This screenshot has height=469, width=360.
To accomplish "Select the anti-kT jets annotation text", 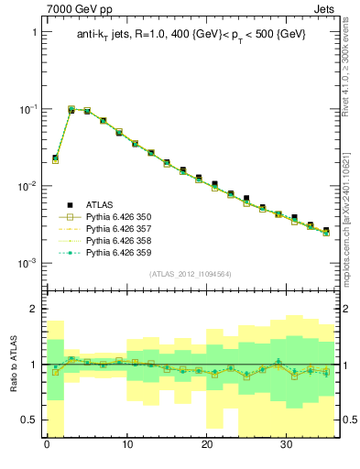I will coord(191,34).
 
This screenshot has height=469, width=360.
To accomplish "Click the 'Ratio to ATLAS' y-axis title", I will coord(12,364).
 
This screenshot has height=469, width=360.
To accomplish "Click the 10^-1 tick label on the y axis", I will coord(28,109).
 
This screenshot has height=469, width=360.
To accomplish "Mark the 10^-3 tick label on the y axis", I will coord(28,263).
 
